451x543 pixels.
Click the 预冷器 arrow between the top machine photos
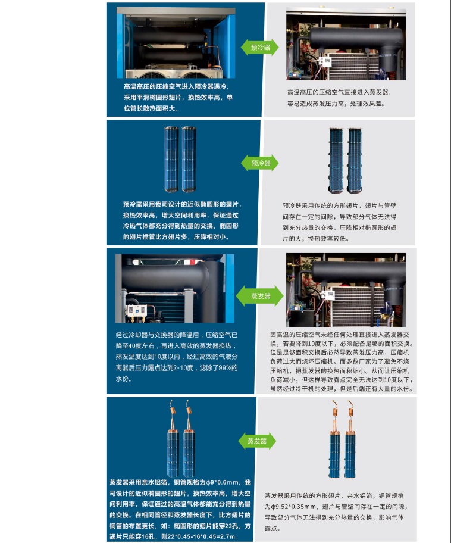click(x=260, y=48)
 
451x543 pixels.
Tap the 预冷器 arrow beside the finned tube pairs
click(x=260, y=163)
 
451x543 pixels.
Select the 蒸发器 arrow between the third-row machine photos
click(x=260, y=296)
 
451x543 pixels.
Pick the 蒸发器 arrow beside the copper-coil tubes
click(x=257, y=441)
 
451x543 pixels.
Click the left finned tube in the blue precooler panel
click(x=172, y=160)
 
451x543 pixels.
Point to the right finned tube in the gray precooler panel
click(x=355, y=161)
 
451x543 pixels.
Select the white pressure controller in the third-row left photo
click(x=137, y=310)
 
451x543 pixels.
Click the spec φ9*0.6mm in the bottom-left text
click(x=223, y=482)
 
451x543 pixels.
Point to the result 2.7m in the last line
click(x=228, y=537)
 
